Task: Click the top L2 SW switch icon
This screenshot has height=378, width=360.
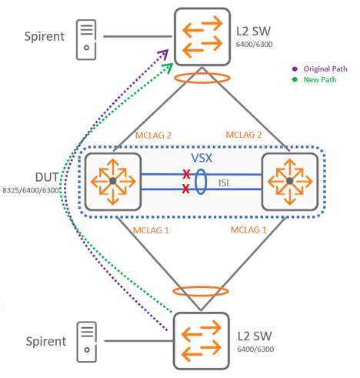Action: (x=202, y=37)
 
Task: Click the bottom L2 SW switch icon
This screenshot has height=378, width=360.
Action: (x=202, y=341)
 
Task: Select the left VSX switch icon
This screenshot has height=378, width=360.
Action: (x=113, y=182)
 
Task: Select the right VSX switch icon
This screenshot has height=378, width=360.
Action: (x=290, y=182)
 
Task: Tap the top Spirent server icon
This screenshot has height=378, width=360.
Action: (x=86, y=40)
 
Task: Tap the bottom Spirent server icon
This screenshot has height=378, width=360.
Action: (x=87, y=342)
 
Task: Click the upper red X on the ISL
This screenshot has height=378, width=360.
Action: (x=186, y=174)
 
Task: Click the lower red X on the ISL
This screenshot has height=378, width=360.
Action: (x=186, y=189)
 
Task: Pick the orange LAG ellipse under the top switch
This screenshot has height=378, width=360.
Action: (x=202, y=74)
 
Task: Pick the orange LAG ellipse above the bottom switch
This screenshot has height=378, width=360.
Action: (x=201, y=286)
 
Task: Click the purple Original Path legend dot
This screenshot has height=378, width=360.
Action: (x=295, y=69)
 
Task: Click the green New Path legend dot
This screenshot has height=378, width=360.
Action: (x=295, y=79)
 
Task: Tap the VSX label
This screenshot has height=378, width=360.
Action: (x=202, y=158)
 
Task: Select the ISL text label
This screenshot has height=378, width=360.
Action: (x=225, y=183)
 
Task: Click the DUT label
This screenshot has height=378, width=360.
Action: (x=47, y=177)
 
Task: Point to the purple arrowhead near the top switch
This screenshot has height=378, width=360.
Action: (x=164, y=54)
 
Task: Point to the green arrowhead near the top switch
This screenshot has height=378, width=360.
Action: (x=168, y=68)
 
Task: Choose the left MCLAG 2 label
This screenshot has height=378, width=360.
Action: (x=153, y=135)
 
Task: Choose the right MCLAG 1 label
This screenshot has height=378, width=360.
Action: (x=248, y=230)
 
